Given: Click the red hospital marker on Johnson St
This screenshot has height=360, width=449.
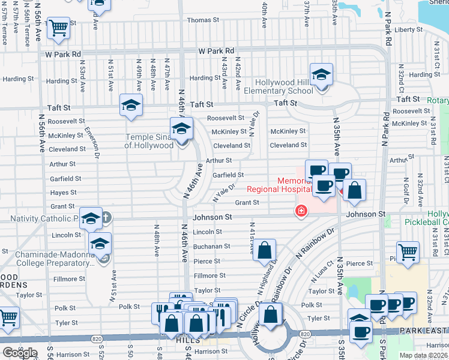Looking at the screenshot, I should (x=300, y=211).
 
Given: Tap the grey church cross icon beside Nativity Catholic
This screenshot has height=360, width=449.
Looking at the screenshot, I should (x=106, y=217).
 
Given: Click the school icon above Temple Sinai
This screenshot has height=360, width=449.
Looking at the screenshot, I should (x=181, y=128).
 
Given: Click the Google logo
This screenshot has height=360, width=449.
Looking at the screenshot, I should (x=20, y=353).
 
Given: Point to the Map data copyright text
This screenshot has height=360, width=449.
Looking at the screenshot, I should (x=423, y=355).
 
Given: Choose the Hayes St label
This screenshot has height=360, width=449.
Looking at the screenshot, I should (x=63, y=193).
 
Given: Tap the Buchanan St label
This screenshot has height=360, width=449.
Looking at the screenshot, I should (x=211, y=246).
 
